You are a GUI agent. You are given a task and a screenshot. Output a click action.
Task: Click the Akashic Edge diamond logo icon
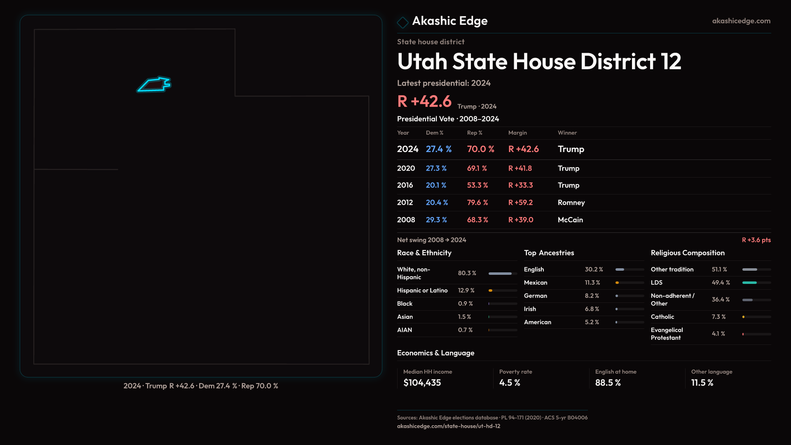tap(403, 22)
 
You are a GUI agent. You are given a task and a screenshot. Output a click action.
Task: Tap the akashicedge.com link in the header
tap(741, 21)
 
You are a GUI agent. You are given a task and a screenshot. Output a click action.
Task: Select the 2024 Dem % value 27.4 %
tap(438, 149)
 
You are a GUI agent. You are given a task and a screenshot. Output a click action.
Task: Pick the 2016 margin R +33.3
tap(520, 185)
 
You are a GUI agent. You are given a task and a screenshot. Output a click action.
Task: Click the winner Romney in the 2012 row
tap(571, 203)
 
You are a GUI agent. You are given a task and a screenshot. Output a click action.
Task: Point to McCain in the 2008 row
tap(570, 220)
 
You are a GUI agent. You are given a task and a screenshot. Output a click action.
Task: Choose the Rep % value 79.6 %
tap(477, 203)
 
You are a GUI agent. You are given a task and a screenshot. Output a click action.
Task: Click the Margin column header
tap(517, 133)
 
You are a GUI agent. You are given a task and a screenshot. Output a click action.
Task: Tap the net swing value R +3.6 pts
tap(756, 240)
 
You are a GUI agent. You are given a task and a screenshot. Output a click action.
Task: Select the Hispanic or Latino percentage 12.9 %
tap(466, 290)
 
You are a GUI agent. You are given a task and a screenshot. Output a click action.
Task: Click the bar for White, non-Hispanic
tap(500, 274)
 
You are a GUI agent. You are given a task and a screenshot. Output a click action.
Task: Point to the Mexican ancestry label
tap(536, 283)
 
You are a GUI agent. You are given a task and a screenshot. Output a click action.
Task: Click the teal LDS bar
tap(749, 283)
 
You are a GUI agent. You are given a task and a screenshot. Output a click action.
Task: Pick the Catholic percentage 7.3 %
tap(718, 317)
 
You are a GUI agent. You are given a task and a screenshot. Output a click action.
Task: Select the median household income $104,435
tap(422, 383)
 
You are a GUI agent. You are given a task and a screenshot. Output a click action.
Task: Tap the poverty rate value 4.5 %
tap(510, 383)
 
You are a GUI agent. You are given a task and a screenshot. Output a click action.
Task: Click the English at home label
tap(615, 372)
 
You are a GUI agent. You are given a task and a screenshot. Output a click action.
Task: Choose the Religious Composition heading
tap(688, 253)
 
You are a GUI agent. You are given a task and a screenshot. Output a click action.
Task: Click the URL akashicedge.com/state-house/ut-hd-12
tap(448, 426)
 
